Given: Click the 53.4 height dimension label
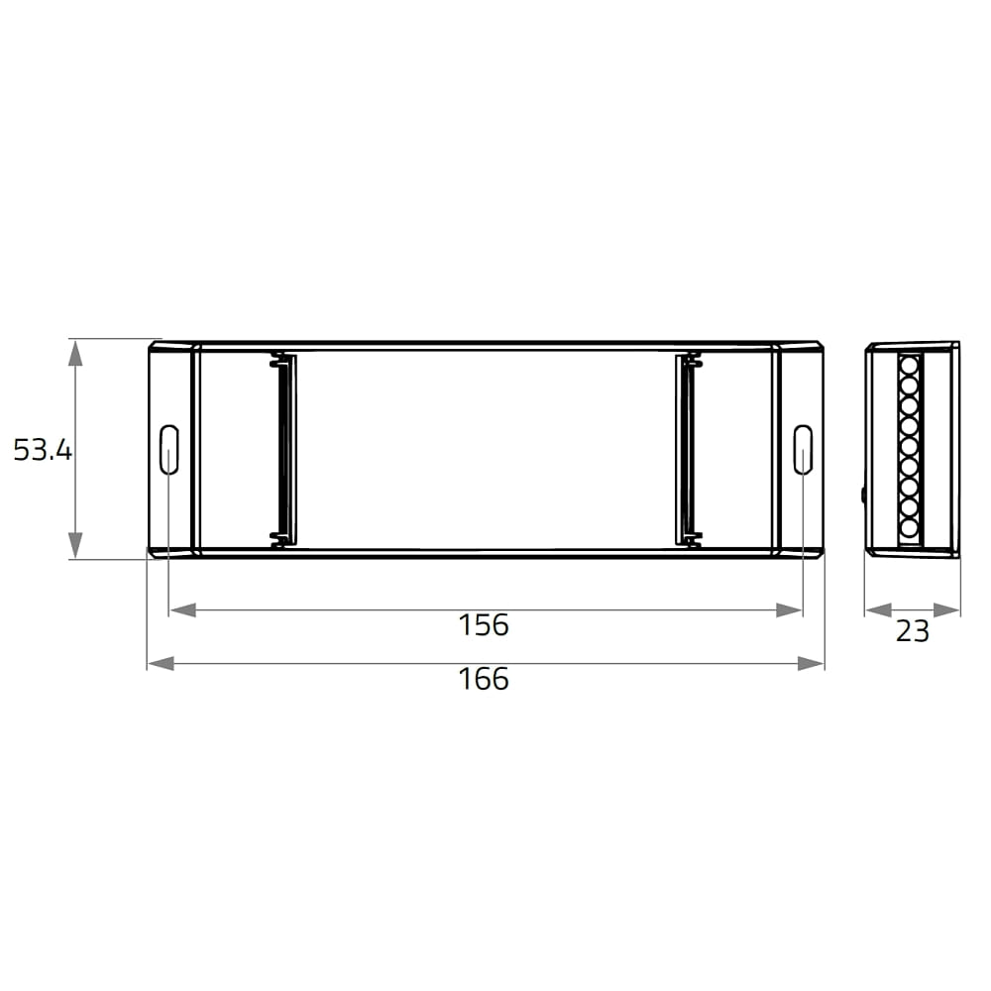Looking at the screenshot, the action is (x=43, y=450).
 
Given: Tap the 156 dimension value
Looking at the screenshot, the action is (x=484, y=625).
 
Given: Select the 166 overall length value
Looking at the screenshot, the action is (x=484, y=679).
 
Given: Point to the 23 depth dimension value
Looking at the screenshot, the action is (x=913, y=630).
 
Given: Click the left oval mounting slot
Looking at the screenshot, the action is (x=169, y=449).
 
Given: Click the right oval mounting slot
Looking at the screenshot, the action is (x=803, y=449).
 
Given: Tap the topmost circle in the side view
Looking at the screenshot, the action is (x=909, y=366).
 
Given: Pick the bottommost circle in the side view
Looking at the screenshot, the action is (x=909, y=527).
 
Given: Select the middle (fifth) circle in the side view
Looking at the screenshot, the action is (x=909, y=446).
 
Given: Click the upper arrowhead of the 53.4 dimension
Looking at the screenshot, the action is (x=75, y=353).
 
